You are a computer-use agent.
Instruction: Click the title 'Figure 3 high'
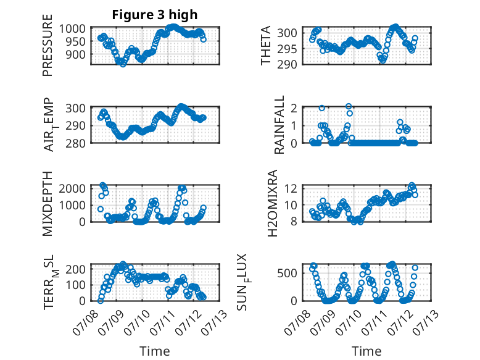tap(155, 15)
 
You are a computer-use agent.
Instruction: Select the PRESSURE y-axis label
tap(48, 45)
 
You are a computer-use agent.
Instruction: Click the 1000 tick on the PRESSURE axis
tap(72, 29)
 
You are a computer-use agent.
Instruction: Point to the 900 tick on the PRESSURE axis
tap(76, 54)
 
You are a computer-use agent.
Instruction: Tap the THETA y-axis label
tap(266, 45)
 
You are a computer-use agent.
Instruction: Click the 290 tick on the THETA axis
tap(287, 65)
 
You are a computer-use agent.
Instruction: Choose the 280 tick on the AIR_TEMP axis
tap(76, 143)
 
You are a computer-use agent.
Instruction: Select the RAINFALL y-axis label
tap(280, 124)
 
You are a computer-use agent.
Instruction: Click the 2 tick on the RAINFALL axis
tap(294, 108)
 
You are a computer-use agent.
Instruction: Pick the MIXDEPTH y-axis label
tap(48, 204)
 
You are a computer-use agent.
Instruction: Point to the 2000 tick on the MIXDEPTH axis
tap(72, 188)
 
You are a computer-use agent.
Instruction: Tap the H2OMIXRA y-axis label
tap(273, 203)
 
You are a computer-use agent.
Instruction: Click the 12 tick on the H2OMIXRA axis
tap(291, 188)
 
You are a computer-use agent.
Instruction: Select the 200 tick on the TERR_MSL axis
tap(76, 269)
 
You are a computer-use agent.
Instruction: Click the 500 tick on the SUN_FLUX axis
tap(287, 273)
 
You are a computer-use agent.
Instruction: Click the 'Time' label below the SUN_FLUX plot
tap(366, 351)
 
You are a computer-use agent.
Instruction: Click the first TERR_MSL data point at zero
tap(100, 301)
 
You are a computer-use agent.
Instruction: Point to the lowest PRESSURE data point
tap(123, 64)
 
